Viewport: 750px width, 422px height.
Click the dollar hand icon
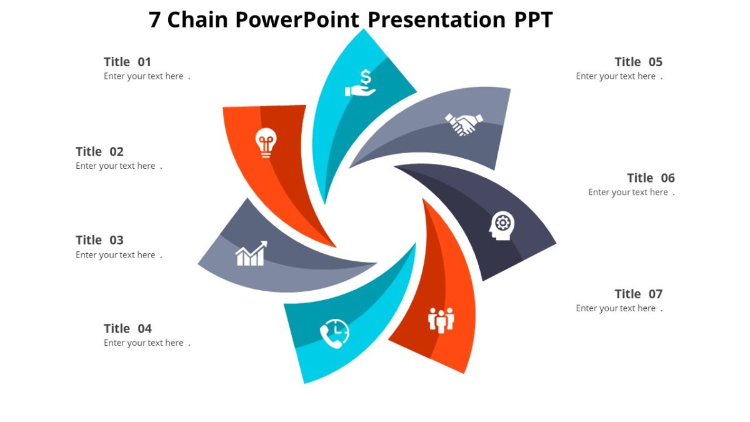tap(361, 83)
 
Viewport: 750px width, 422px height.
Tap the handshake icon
tap(464, 123)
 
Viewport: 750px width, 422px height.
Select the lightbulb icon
tap(266, 143)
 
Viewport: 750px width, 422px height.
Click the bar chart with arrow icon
tap(251, 253)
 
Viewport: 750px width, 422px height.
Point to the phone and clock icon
tap(334, 334)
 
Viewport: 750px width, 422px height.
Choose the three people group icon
tap(441, 320)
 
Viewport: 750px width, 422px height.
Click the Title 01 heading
tap(127, 62)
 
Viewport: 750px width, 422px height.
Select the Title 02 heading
tap(100, 151)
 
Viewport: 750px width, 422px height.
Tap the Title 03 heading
tap(100, 240)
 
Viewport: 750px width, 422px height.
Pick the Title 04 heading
tap(127, 329)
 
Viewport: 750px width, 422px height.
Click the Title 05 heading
tap(638, 62)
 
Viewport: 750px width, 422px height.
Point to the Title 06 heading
tap(651, 178)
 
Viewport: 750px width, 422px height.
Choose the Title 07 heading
tap(638, 294)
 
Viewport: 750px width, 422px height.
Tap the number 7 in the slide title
tap(155, 20)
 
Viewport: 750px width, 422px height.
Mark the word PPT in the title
tap(533, 20)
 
